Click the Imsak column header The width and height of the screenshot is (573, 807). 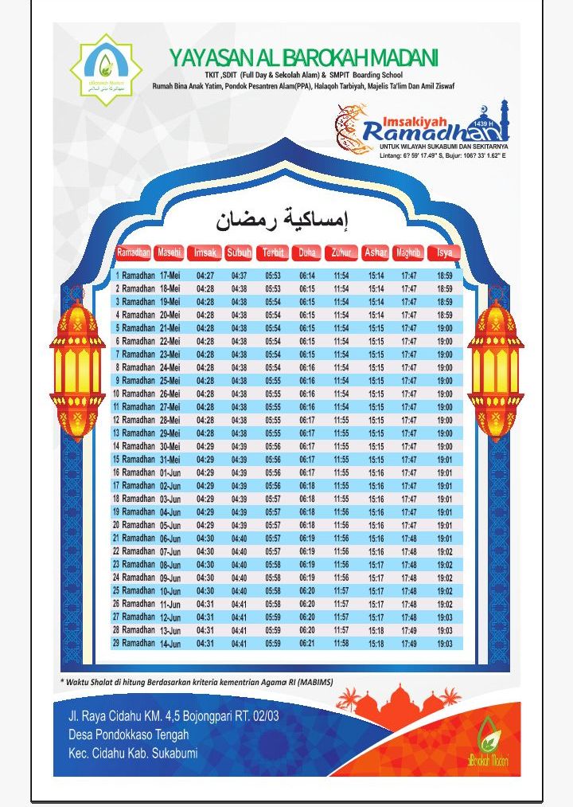[x=205, y=253]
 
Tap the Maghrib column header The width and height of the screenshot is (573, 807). [x=408, y=253]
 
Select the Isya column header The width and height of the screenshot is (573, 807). [x=444, y=253]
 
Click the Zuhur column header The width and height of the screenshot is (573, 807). [x=341, y=253]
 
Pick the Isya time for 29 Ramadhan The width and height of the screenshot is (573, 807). [x=444, y=643]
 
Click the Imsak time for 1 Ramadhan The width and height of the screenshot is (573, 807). [x=205, y=276]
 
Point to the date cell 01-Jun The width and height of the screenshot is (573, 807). [x=170, y=472]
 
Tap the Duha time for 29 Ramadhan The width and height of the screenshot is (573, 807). [x=307, y=643]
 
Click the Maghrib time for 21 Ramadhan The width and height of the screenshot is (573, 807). [x=408, y=539]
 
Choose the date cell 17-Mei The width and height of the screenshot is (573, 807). [x=170, y=276]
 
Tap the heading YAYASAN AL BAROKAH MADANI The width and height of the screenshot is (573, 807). [x=303, y=58]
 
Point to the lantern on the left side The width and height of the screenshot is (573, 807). [x=77, y=368]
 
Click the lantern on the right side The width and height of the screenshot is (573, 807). [x=495, y=368]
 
